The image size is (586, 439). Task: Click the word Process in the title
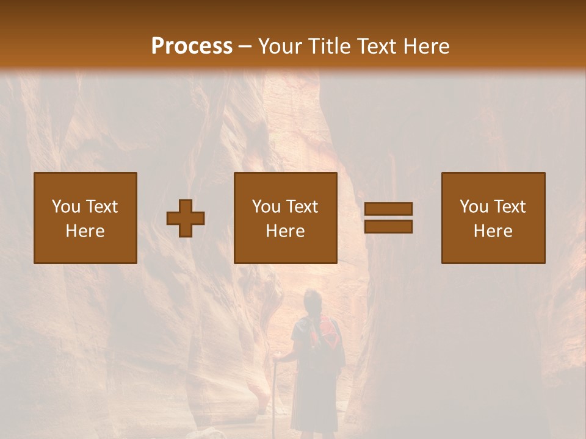[192, 46]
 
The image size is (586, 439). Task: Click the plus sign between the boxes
[186, 218]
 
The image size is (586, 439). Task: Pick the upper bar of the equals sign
[388, 209]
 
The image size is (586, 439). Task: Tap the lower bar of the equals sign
[388, 227]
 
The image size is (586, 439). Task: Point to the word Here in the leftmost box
[85, 231]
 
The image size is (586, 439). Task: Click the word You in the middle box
[266, 207]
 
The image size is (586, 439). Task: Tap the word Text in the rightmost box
[509, 207]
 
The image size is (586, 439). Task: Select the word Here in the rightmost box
[493, 231]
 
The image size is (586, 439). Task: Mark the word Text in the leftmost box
[101, 207]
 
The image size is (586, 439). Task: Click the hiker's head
[313, 301]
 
